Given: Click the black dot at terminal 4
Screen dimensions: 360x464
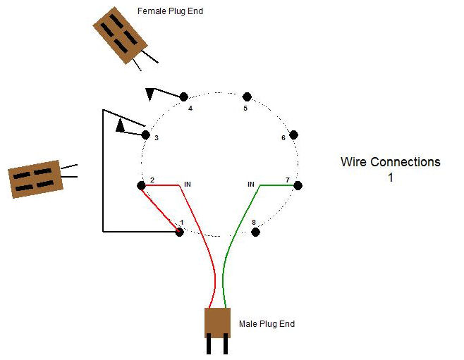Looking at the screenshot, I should tap(184, 97).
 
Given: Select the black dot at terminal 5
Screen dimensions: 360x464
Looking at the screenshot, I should tap(247, 97).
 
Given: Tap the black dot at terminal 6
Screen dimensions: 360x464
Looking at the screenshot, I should tap(294, 135).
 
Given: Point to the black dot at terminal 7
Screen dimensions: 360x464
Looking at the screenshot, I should tap(298, 185).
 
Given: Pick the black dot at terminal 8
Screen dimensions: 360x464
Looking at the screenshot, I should tap(256, 231).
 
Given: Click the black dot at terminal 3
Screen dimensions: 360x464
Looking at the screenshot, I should tap(146, 135).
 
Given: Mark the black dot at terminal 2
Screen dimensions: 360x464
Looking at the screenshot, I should tap(141, 185).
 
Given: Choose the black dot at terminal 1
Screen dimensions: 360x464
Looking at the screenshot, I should tap(179, 232).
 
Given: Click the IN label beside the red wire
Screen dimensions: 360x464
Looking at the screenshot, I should tap(188, 185).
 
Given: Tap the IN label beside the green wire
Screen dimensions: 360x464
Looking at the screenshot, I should tap(250, 185).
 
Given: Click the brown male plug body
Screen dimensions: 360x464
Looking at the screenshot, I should tap(218, 323).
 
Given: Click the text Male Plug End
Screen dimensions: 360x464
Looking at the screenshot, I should tap(267, 324).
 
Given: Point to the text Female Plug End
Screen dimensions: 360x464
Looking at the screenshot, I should tap(171, 11).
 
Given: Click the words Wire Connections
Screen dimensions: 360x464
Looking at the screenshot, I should tap(390, 162).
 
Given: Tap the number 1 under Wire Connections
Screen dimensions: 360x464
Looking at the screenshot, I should tap(390, 178).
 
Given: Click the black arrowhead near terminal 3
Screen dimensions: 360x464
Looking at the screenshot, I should tap(121, 126).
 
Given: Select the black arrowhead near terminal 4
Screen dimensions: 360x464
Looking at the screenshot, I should tap(150, 94).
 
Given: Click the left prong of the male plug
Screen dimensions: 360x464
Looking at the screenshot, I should tap(210, 346).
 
